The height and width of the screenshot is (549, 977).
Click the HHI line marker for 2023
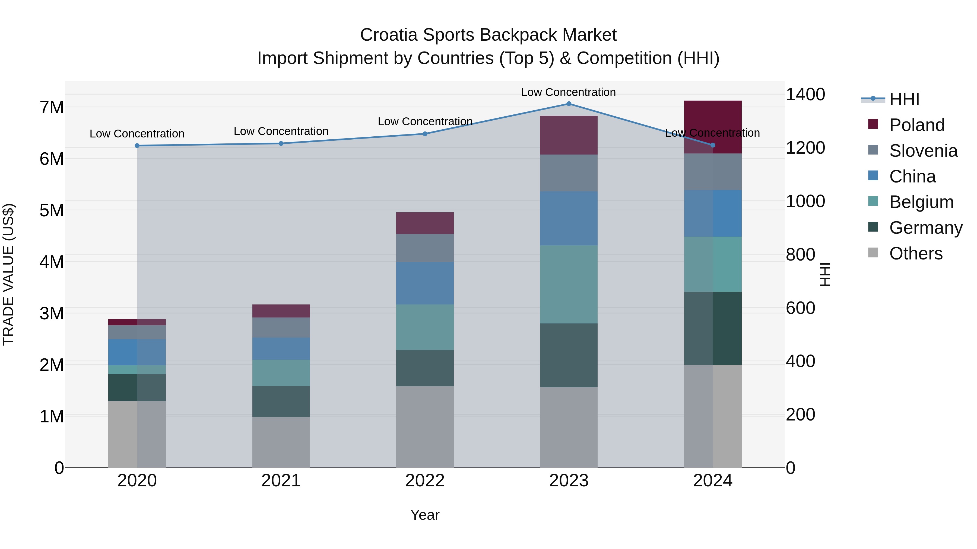(x=569, y=104)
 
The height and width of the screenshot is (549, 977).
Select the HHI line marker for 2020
(x=137, y=146)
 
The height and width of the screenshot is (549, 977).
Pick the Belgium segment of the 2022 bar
(x=425, y=327)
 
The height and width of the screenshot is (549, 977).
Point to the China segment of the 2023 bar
(x=569, y=218)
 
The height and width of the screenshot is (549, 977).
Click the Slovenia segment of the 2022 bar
(x=425, y=248)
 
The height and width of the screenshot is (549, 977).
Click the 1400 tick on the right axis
(x=805, y=94)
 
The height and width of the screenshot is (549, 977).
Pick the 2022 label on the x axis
(x=425, y=481)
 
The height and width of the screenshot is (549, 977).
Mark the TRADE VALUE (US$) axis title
(x=9, y=274)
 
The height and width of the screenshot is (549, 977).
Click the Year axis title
(x=425, y=515)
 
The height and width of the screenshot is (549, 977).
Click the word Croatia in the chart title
(x=388, y=35)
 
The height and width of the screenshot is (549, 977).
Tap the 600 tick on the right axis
(x=800, y=308)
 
